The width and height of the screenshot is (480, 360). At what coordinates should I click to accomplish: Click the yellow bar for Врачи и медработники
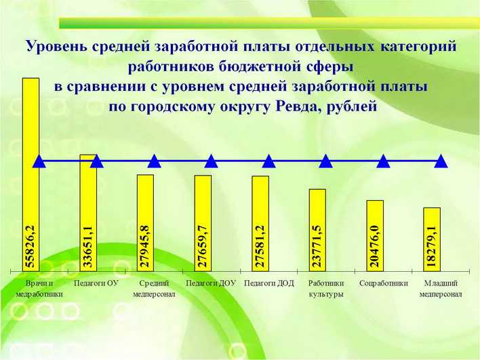coord(31,174)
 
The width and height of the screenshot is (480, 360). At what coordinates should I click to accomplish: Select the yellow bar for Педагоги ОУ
coord(88,213)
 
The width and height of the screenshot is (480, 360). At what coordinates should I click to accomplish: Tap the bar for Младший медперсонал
coord(432,239)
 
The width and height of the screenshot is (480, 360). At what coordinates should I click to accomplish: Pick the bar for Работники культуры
coord(317,231)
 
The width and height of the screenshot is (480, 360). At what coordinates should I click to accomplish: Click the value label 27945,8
coord(145,246)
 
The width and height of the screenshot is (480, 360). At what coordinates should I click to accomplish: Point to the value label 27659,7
coord(203,246)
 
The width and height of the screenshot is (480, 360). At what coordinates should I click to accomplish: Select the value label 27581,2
coord(260,246)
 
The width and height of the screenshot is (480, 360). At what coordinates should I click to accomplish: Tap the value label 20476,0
coord(375,246)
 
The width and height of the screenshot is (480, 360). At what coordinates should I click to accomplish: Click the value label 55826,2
coord(31,246)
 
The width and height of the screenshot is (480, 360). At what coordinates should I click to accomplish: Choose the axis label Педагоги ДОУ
coord(211,283)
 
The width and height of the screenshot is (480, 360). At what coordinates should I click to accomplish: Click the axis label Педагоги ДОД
coord(268,283)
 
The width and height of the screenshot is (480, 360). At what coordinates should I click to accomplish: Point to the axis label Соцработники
coord(384,283)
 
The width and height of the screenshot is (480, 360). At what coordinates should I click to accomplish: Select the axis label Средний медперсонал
coord(154,289)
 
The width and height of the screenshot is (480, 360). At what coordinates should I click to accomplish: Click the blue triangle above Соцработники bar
coord(383,161)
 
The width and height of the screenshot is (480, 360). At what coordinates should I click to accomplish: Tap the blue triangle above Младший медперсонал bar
coord(441,161)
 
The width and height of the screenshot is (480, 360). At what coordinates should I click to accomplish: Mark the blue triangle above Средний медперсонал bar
coord(155,161)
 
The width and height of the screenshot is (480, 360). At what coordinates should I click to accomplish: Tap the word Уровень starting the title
coord(56,47)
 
